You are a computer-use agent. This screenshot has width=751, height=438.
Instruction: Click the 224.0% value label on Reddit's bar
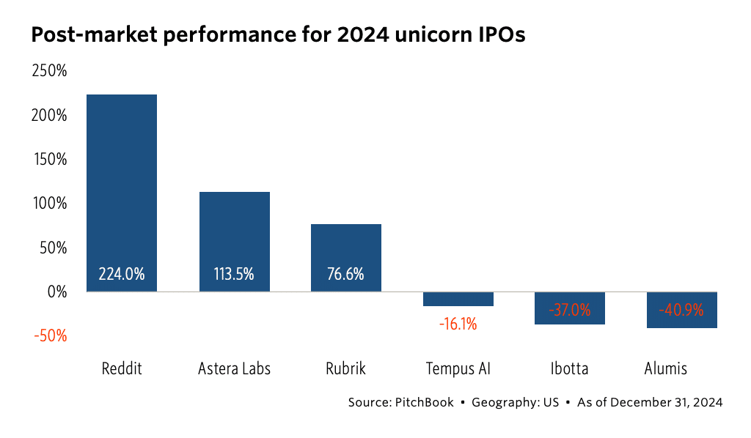coord(122,275)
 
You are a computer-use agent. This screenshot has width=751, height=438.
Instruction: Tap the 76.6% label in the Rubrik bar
coord(345,275)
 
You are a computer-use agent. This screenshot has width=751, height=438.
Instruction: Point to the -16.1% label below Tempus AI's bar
coord(458,323)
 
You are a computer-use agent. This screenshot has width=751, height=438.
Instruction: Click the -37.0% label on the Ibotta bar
coord(570,310)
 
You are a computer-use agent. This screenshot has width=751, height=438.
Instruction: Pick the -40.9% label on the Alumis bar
coord(681,310)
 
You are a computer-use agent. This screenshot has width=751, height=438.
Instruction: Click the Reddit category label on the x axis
coord(122,368)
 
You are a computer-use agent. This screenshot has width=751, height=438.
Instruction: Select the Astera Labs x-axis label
coord(234,368)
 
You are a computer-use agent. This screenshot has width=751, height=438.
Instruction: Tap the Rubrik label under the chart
coord(345,368)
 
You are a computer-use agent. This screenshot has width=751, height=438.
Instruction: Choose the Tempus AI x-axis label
coord(458,368)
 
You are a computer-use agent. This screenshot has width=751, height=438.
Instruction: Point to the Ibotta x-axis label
coord(570,368)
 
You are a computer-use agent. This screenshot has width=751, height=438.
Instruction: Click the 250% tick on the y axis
coord(49,72)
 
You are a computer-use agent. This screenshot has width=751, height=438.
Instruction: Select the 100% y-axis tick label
coord(49,204)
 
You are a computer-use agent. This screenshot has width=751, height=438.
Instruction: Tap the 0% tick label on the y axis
coord(57,292)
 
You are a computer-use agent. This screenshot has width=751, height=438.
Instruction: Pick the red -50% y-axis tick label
coord(49,336)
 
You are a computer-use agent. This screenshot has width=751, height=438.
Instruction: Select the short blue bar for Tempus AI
coord(458,299)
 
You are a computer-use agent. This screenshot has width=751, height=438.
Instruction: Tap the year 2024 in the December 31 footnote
coord(706,402)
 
